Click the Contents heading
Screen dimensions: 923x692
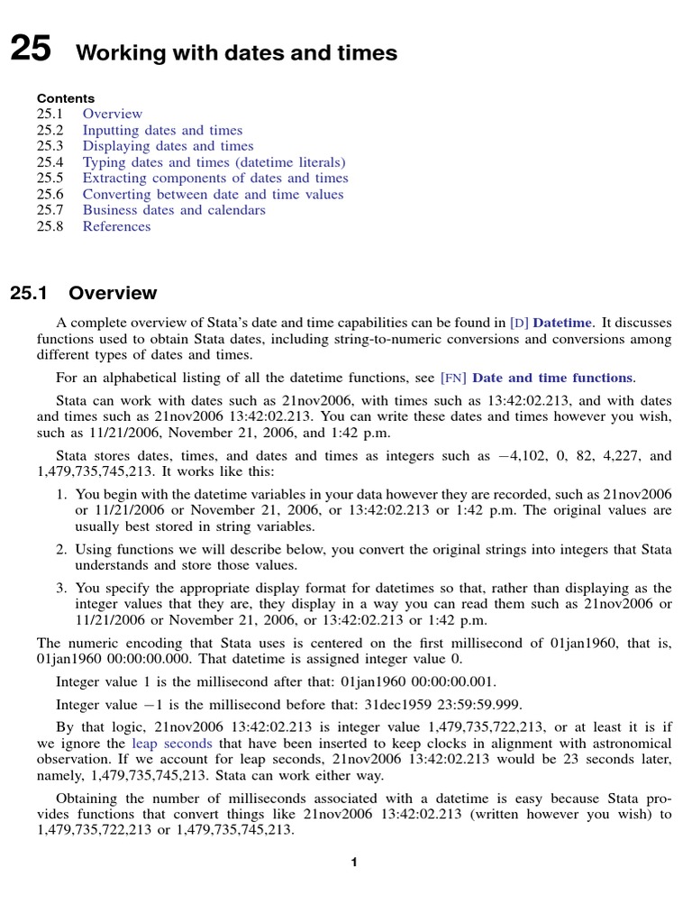[65, 98]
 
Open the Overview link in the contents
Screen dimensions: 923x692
[112, 114]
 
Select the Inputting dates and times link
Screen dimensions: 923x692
[162, 130]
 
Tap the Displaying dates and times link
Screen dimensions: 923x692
[168, 146]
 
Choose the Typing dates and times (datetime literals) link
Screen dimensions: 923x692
[214, 162]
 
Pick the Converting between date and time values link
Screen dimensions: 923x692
[213, 195]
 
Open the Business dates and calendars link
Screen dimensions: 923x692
[174, 210]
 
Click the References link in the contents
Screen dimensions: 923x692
[116, 226]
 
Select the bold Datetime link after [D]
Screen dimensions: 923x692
[563, 323]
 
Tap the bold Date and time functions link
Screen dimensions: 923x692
[551, 379]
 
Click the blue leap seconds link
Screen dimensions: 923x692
[172, 744]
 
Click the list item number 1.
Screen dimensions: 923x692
[61, 495]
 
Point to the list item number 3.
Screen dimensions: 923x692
[61, 588]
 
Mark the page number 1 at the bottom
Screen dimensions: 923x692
[355, 863]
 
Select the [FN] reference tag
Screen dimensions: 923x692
[453, 379]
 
